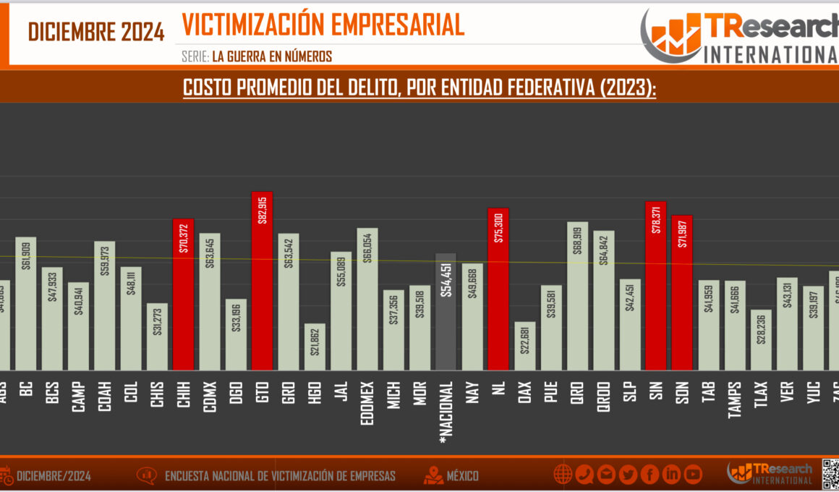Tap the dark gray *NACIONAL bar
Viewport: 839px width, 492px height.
(446, 312)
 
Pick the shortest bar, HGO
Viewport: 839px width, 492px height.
(315, 347)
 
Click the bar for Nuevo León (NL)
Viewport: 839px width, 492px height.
(498, 289)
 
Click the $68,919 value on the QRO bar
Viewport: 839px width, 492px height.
(577, 246)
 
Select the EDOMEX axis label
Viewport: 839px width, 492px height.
(367, 402)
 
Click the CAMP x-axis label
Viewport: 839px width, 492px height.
(78, 398)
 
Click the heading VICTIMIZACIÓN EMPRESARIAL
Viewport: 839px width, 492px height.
(323, 25)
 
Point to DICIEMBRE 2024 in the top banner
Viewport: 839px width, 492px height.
(96, 32)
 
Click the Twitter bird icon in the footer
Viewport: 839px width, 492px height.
(628, 475)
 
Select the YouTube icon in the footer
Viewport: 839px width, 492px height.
(693, 475)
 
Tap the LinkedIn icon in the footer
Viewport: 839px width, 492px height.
(671, 475)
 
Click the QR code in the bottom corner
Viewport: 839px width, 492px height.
(830, 473)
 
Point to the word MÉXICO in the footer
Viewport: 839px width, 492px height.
(462, 476)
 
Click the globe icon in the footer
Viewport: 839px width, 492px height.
(563, 475)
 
